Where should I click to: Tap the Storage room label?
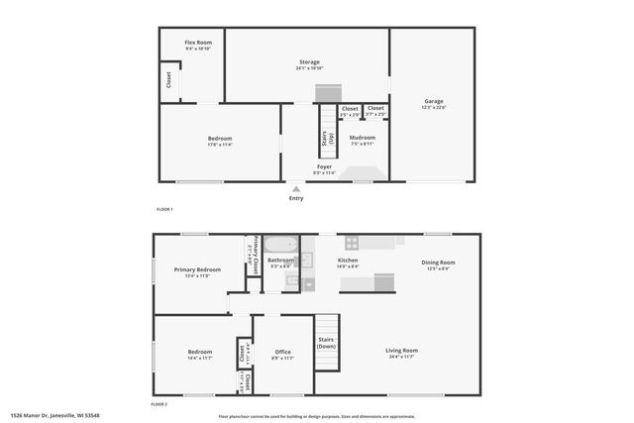point(309,61)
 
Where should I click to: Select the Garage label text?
point(434,100)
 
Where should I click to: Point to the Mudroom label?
point(362,137)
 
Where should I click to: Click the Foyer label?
point(324,166)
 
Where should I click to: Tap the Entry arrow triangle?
point(295,187)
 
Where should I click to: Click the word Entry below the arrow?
point(296,198)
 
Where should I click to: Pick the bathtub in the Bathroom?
point(280,244)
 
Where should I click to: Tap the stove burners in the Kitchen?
point(351,241)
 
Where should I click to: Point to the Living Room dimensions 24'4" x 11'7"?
point(401,357)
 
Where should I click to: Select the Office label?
point(282,352)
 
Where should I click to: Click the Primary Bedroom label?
point(197,269)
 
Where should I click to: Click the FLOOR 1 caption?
point(164,210)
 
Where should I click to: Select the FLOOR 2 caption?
point(158,404)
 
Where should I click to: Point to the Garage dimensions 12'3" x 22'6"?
point(434,107)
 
